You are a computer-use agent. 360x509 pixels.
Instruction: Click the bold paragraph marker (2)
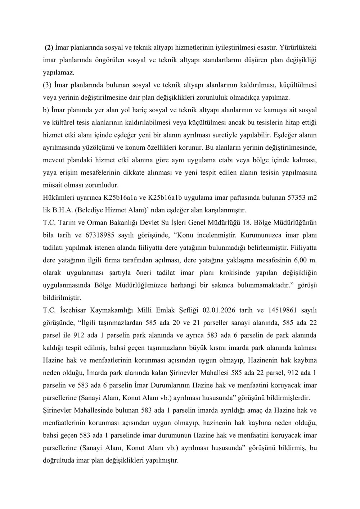[49, 48]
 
